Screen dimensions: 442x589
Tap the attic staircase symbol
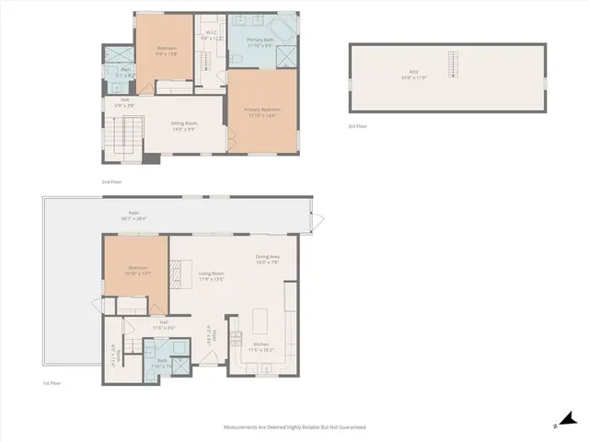[x=451, y=66]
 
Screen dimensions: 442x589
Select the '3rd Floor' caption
[x=358, y=125]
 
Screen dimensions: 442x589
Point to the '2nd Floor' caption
[x=111, y=182]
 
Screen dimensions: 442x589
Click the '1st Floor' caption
[x=52, y=382]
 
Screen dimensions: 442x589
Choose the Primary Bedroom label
[x=262, y=111]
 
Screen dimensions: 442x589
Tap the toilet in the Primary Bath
[x=236, y=57]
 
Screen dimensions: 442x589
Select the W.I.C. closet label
[x=211, y=33]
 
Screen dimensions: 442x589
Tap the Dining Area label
[x=267, y=259]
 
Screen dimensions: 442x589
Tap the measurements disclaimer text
[x=294, y=427]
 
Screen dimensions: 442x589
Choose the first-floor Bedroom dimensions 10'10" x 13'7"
[x=135, y=274]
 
